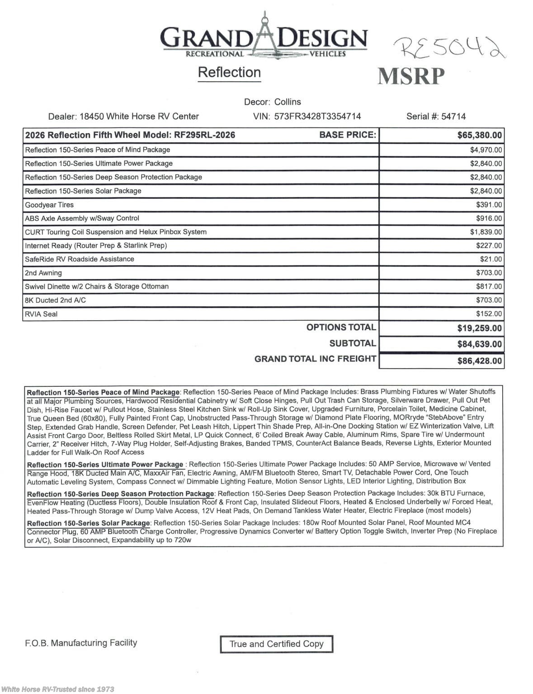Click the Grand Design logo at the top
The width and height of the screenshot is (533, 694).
click(264, 38)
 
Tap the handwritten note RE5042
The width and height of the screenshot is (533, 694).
click(449, 47)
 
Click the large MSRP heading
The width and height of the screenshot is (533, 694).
click(411, 76)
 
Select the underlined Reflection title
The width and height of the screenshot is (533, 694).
click(229, 72)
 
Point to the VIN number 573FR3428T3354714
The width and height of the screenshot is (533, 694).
click(317, 116)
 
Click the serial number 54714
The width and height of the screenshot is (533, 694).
click(453, 116)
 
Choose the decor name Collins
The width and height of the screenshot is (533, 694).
click(288, 102)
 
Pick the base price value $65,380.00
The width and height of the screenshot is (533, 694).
click(479, 135)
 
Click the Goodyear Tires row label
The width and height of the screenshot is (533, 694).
click(49, 205)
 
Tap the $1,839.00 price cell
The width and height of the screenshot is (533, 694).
click(486, 232)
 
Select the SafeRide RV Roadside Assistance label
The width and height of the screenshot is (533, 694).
click(80, 259)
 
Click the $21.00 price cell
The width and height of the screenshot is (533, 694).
click(491, 259)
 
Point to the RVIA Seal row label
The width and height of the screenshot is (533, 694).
click(41, 314)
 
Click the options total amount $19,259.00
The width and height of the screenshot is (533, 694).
click(479, 328)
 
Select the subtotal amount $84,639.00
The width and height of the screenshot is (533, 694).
click(479, 344)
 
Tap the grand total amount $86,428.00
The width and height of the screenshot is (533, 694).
click(479, 361)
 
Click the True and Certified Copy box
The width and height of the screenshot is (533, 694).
click(276, 644)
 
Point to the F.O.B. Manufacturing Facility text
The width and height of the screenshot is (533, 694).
click(81, 642)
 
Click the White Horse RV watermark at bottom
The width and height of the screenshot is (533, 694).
click(57, 689)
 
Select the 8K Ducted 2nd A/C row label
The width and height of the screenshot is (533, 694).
click(55, 300)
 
